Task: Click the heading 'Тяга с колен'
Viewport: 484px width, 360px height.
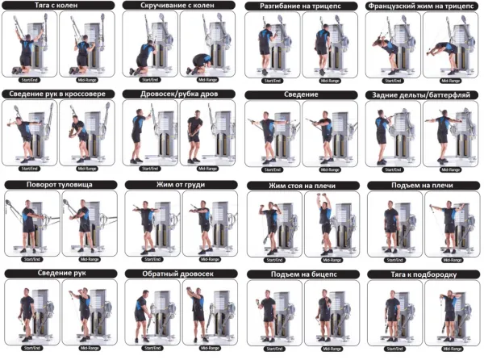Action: click(59, 6)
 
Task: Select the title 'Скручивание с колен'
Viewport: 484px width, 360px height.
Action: click(179, 6)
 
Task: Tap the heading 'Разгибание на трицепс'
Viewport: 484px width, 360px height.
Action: click(300, 6)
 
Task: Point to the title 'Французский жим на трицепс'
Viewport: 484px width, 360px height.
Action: click(421, 6)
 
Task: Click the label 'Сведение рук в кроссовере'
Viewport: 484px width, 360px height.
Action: click(59, 94)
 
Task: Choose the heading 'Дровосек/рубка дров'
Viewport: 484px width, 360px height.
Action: click(179, 94)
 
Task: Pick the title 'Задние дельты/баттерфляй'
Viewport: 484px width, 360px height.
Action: click(421, 94)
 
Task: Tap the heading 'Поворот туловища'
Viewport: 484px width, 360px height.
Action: click(59, 185)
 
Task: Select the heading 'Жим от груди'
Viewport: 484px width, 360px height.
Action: click(179, 185)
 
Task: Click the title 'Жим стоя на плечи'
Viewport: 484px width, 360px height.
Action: click(300, 186)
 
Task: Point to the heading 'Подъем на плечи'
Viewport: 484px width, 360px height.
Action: click(421, 186)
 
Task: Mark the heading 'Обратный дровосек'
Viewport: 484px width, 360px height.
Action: click(179, 274)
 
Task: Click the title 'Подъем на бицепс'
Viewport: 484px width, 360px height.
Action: click(300, 274)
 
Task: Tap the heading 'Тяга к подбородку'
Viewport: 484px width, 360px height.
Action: click(421, 274)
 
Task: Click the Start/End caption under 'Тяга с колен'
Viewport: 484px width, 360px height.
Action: click(31, 79)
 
